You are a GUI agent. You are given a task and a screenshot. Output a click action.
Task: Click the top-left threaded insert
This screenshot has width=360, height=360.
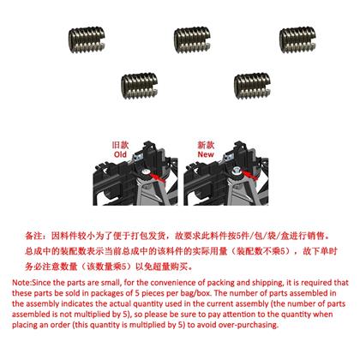click(x=87, y=39)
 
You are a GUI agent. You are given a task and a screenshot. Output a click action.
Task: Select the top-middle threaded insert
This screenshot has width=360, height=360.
click(x=192, y=39)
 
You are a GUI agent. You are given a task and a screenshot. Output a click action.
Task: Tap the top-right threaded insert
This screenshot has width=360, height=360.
click(x=297, y=39)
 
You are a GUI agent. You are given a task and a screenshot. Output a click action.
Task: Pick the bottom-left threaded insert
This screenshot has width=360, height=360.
click(x=139, y=86)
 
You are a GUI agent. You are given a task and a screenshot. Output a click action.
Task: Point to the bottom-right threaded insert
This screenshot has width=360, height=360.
click(x=252, y=86)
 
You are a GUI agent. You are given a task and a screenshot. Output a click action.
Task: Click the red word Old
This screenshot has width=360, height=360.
click(x=120, y=154)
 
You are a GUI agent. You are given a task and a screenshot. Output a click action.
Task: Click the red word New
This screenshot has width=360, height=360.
click(x=206, y=154)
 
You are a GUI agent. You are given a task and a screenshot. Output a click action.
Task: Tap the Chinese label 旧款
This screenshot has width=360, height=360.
click(x=120, y=145)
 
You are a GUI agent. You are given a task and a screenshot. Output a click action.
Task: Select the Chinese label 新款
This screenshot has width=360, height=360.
click(x=206, y=145)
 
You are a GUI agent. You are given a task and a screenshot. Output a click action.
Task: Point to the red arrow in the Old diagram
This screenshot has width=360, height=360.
click(x=158, y=177)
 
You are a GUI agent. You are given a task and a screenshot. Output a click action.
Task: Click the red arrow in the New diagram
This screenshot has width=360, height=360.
click(x=249, y=175)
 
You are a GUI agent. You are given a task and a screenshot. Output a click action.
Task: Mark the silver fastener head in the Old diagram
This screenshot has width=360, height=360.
click(x=146, y=171)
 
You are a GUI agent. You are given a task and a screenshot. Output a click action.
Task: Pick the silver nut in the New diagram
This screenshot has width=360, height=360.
click(x=236, y=171)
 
